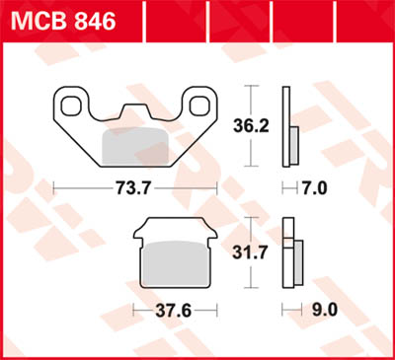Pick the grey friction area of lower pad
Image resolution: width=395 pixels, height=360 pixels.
pyautogui.click(x=174, y=267)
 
